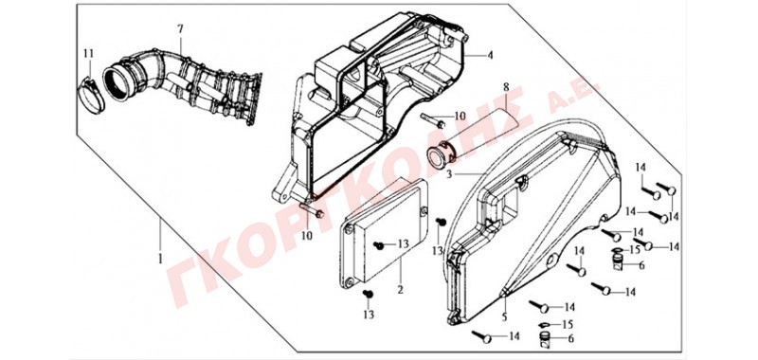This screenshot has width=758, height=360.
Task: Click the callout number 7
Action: coord(180,29)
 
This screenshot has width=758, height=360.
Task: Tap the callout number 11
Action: coord(87,53)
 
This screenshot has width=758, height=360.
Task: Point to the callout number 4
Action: coord(490,55)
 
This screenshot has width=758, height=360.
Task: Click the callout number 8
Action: coord(506,87)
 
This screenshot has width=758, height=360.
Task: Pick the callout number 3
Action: coord(449,173)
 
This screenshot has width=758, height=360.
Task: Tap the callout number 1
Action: coord(160,259)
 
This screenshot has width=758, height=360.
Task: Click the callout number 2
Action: coord(400,290)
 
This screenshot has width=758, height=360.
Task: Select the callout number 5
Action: coord(505,317)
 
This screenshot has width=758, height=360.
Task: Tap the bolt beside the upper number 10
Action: coord(433,120)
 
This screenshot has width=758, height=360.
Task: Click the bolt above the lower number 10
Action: coord(312,210)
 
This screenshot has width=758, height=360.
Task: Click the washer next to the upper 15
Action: coord(617,250)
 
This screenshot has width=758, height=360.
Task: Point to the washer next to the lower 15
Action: coord(544,324)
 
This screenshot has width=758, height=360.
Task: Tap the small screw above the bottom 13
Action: coord(368,293)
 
